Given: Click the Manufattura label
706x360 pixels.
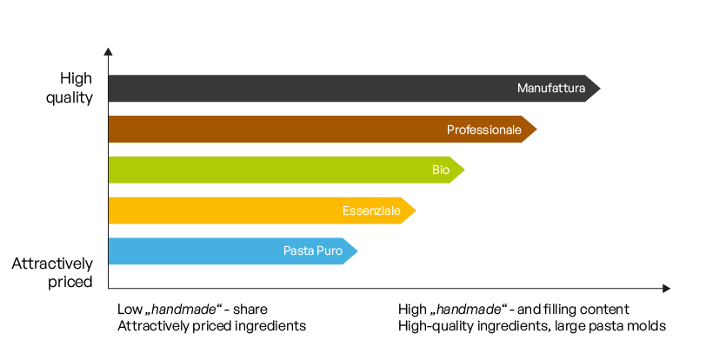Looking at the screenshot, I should click(x=551, y=89).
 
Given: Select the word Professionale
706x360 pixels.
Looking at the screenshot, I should click(x=483, y=130).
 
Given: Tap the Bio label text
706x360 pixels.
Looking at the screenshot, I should click(x=441, y=170).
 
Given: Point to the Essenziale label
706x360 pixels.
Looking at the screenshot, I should click(x=371, y=210).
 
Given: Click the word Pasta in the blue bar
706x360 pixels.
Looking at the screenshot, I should click(x=298, y=251).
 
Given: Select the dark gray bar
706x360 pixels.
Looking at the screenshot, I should click(x=304, y=89).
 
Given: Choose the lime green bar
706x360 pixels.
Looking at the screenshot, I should click(x=261, y=170).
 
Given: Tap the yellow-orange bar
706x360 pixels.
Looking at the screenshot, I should click(x=217, y=210).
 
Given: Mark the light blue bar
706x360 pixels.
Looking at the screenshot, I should click(x=191, y=251).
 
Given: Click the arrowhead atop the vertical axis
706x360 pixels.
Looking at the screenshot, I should click(x=108, y=50).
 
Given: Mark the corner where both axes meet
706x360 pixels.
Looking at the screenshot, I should click(x=109, y=288).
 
